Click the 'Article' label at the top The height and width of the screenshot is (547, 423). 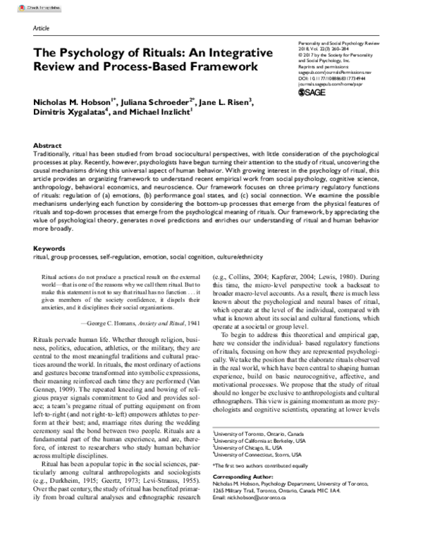(41, 28)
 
